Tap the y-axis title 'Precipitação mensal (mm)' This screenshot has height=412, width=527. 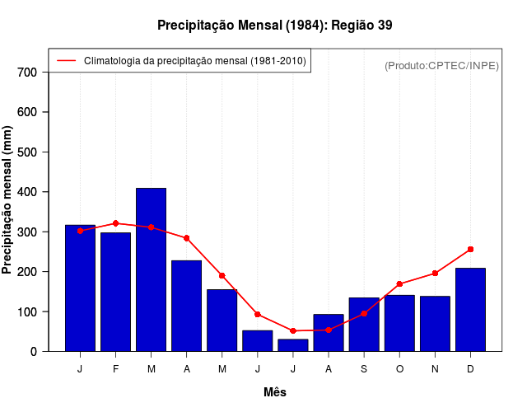[x=8, y=200]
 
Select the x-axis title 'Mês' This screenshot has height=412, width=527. [x=275, y=392]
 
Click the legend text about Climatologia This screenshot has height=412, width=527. [x=194, y=61]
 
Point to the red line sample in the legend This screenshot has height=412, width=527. [x=66, y=61]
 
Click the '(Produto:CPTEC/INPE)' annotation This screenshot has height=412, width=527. [x=441, y=65]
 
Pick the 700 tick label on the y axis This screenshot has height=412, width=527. [x=27, y=73]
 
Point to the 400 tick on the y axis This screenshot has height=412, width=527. [x=27, y=192]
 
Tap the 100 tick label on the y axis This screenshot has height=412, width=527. [x=27, y=312]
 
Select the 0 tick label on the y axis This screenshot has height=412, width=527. [x=34, y=352]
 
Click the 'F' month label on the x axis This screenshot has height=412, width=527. [x=115, y=369]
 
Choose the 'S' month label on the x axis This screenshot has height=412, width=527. [x=364, y=369]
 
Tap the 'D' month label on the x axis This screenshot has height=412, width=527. [x=470, y=369]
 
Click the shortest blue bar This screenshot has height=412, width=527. [x=293, y=345]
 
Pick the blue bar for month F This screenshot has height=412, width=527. [x=115, y=292]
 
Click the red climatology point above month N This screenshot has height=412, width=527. [x=435, y=273]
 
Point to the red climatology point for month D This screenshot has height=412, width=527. [x=470, y=249]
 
